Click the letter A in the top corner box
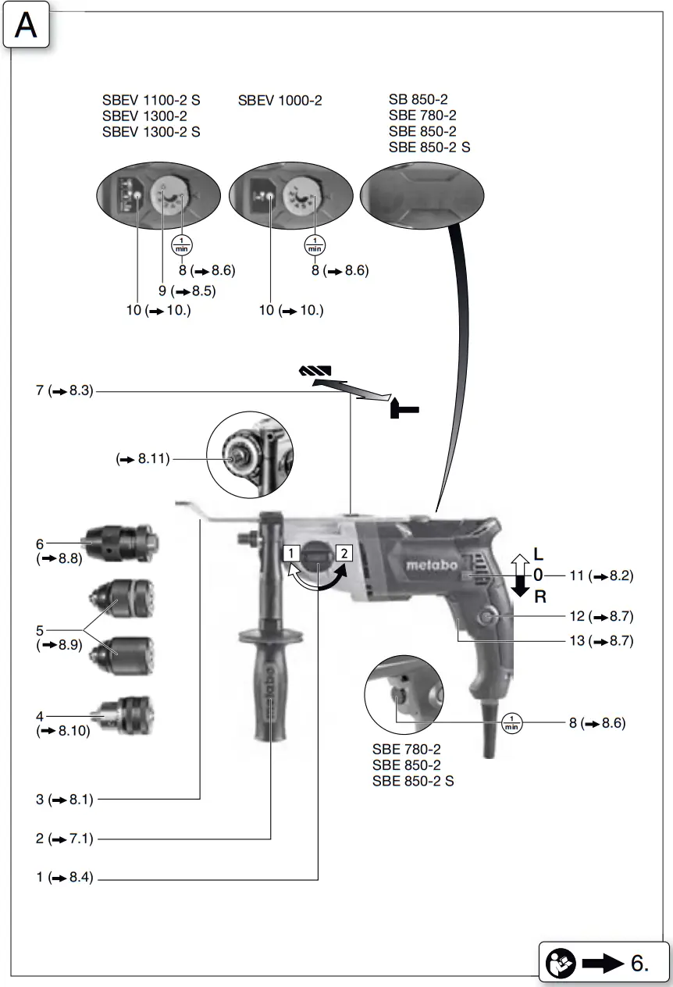[x=26, y=25]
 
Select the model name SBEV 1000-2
[x=280, y=101]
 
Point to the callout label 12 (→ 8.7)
[x=600, y=617]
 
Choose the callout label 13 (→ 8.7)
[x=600, y=642]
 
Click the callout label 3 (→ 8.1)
[x=65, y=799]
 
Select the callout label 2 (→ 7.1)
[x=65, y=839]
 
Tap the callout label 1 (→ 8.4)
[x=65, y=878]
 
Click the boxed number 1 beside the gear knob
[x=290, y=554]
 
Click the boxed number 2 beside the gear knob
[x=344, y=554]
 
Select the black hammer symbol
[x=404, y=407]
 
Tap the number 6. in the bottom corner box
[x=639, y=963]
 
